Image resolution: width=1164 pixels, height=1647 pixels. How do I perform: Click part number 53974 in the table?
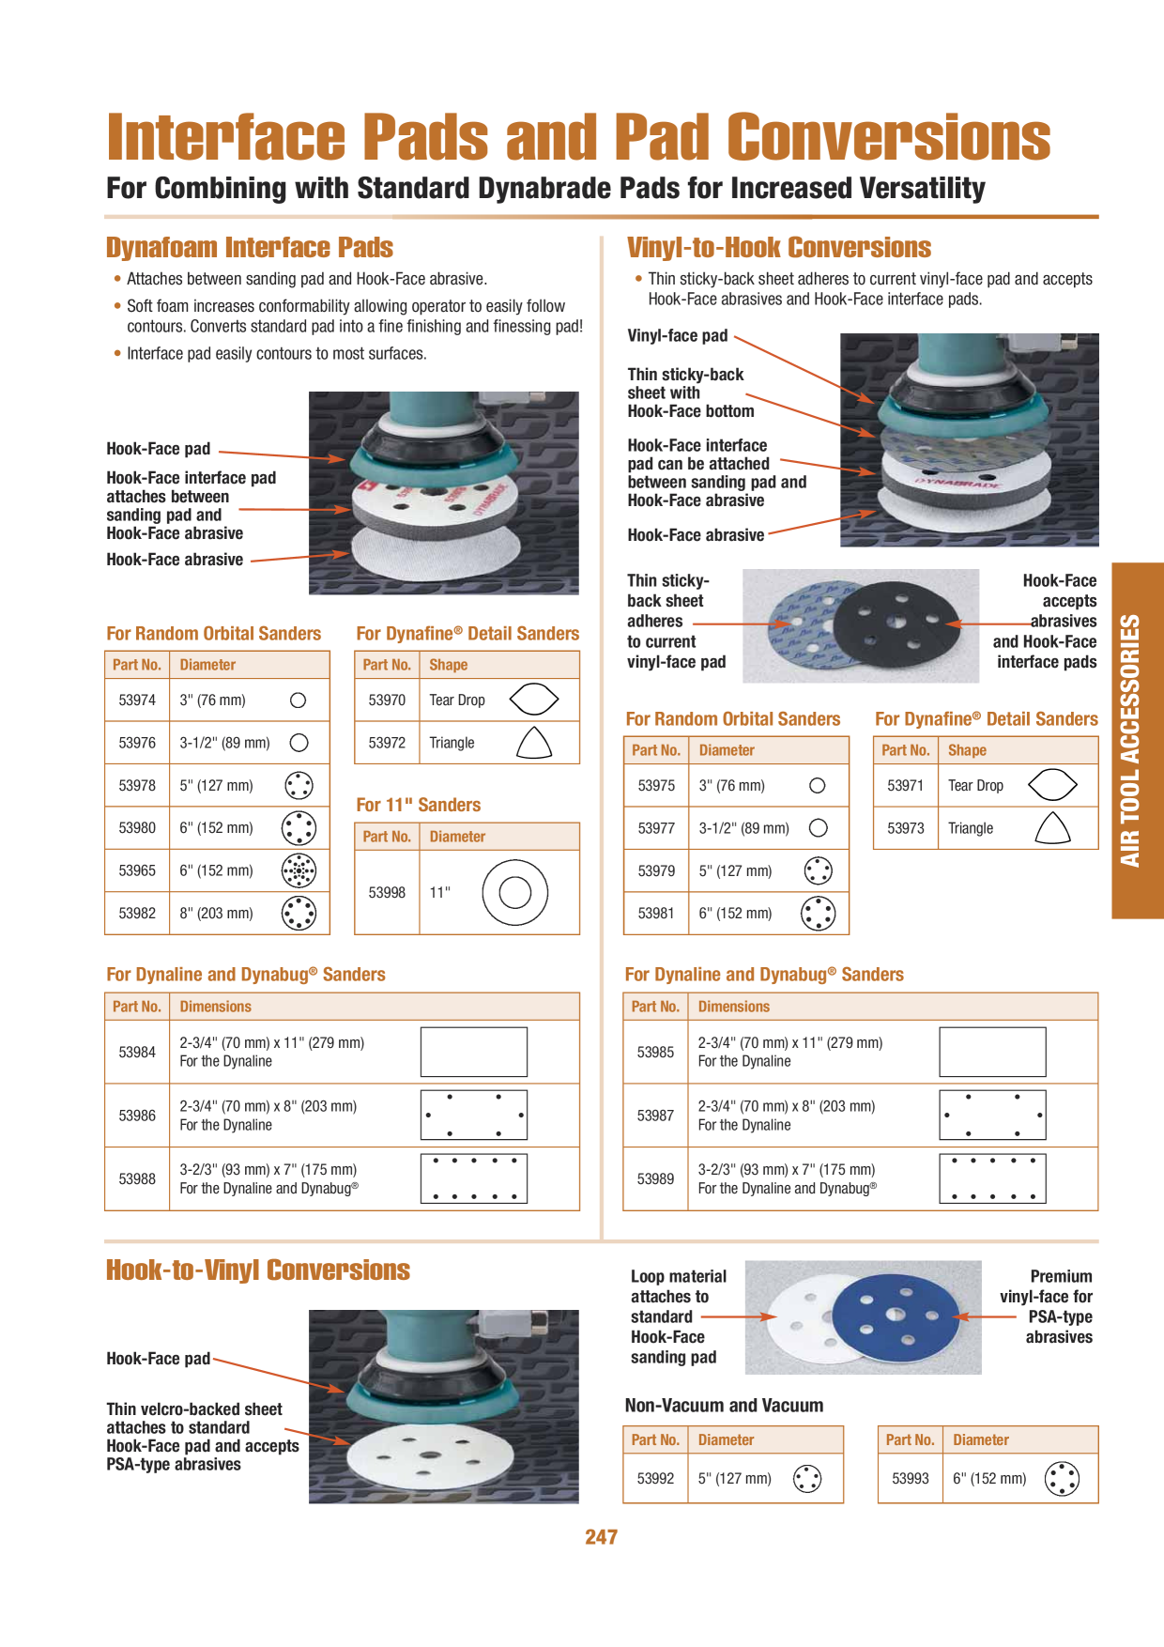click(x=137, y=700)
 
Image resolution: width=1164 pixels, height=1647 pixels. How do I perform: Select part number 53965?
click(x=137, y=870)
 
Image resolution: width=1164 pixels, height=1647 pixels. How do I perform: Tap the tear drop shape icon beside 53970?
click(x=534, y=699)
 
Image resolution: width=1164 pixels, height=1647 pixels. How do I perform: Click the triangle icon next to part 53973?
click(x=1052, y=827)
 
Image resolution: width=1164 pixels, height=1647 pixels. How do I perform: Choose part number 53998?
click(x=387, y=893)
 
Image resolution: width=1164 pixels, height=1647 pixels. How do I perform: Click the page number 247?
click(x=601, y=1537)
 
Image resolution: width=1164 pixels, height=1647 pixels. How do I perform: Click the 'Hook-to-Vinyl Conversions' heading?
click(x=258, y=1270)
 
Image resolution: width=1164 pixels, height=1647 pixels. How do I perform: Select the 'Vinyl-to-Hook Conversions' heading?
click(x=779, y=248)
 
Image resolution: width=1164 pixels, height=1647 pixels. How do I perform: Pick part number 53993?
click(x=910, y=1479)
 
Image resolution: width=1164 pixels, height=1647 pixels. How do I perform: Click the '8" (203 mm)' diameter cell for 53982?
click(x=216, y=914)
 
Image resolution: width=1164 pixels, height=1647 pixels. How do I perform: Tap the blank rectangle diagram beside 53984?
click(x=474, y=1052)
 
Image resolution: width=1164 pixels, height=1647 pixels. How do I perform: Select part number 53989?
click(x=655, y=1179)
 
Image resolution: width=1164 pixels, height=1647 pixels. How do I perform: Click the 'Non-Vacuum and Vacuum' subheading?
click(x=724, y=1406)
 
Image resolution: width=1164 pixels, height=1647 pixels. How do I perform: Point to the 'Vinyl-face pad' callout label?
click(x=677, y=336)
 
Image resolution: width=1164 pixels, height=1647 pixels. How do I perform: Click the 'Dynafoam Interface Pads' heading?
click(x=250, y=248)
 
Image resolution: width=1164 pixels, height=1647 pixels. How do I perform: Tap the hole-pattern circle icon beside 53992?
click(x=807, y=1479)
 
